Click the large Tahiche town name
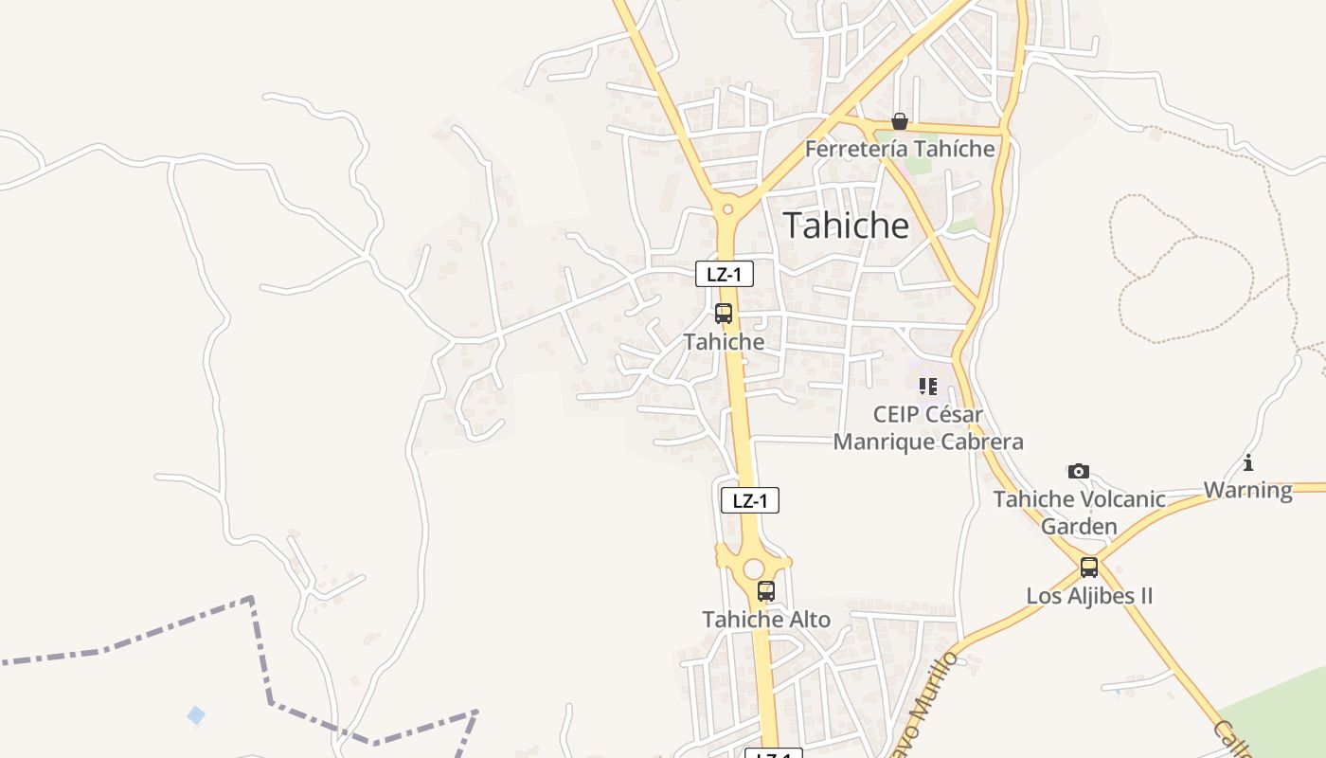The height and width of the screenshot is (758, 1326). (846, 226)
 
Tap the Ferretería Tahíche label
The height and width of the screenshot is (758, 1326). (900, 149)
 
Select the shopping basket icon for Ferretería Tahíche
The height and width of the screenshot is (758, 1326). (900, 121)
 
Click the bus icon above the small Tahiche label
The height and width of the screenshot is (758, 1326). (724, 314)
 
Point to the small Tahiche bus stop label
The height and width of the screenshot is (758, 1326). (724, 342)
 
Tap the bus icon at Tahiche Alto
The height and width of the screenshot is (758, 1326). (766, 591)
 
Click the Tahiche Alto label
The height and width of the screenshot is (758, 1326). (766, 620)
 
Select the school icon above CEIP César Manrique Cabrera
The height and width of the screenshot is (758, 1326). (928, 386)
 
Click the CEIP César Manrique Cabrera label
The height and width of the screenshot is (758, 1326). (928, 428)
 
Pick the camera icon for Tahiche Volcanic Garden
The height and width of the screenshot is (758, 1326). (1078, 471)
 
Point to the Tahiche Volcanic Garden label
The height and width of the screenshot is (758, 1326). (1079, 512)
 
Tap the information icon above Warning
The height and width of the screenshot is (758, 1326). (1248, 463)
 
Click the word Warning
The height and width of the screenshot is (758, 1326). (1248, 490)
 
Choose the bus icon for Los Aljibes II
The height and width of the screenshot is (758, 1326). (1089, 568)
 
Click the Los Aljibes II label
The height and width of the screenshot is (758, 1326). (1089, 596)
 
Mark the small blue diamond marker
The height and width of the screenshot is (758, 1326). (196, 714)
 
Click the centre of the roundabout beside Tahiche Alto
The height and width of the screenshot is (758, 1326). (753, 568)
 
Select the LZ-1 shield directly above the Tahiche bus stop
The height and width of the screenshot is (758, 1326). (725, 275)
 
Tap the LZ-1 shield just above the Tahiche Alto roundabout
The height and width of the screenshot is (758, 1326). (750, 500)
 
